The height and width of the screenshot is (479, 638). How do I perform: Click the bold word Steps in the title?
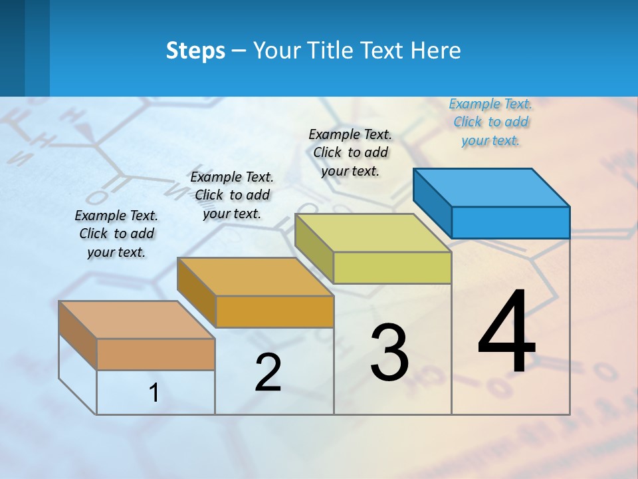tap(195, 51)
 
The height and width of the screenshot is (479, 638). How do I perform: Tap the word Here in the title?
tap(435, 51)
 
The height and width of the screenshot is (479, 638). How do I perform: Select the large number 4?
tap(506, 333)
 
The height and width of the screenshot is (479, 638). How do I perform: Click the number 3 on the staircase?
tap(389, 353)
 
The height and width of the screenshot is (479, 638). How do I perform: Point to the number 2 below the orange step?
tap(268, 373)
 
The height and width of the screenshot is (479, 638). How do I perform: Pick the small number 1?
tap(154, 393)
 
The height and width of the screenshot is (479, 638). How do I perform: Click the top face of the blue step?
tap(492, 187)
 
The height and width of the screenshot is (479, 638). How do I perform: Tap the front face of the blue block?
tap(510, 222)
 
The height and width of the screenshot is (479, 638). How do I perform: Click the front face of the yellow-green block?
tap(392, 267)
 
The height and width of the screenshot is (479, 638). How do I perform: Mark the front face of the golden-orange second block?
tap(274, 311)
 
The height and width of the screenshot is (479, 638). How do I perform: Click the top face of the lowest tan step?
tap(137, 319)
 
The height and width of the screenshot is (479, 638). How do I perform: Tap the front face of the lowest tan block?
tap(156, 354)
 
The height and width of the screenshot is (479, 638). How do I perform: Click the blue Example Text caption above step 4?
tap(490, 122)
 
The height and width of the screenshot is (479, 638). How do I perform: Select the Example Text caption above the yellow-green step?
tap(350, 152)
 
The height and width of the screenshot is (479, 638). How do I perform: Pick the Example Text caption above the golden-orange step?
tap(232, 195)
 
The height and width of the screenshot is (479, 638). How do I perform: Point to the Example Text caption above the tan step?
tap(116, 234)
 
